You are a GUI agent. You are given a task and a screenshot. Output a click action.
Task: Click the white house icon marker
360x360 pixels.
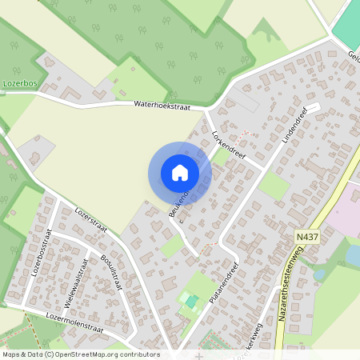pyautogui.click(x=180, y=173)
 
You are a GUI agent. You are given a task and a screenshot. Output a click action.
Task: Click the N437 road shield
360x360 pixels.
pyautogui.click(x=304, y=238)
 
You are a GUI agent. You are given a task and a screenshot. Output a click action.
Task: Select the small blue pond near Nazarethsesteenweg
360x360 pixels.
pyautogui.click(x=352, y=255)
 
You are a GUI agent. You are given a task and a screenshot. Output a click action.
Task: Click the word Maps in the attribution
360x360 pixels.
pyautogui.click(x=11, y=354)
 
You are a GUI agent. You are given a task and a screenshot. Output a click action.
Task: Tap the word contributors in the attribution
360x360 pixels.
pyautogui.click(x=137, y=354)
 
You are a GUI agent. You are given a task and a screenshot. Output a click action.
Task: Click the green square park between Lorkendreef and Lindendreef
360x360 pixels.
pyautogui.click(x=274, y=186)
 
